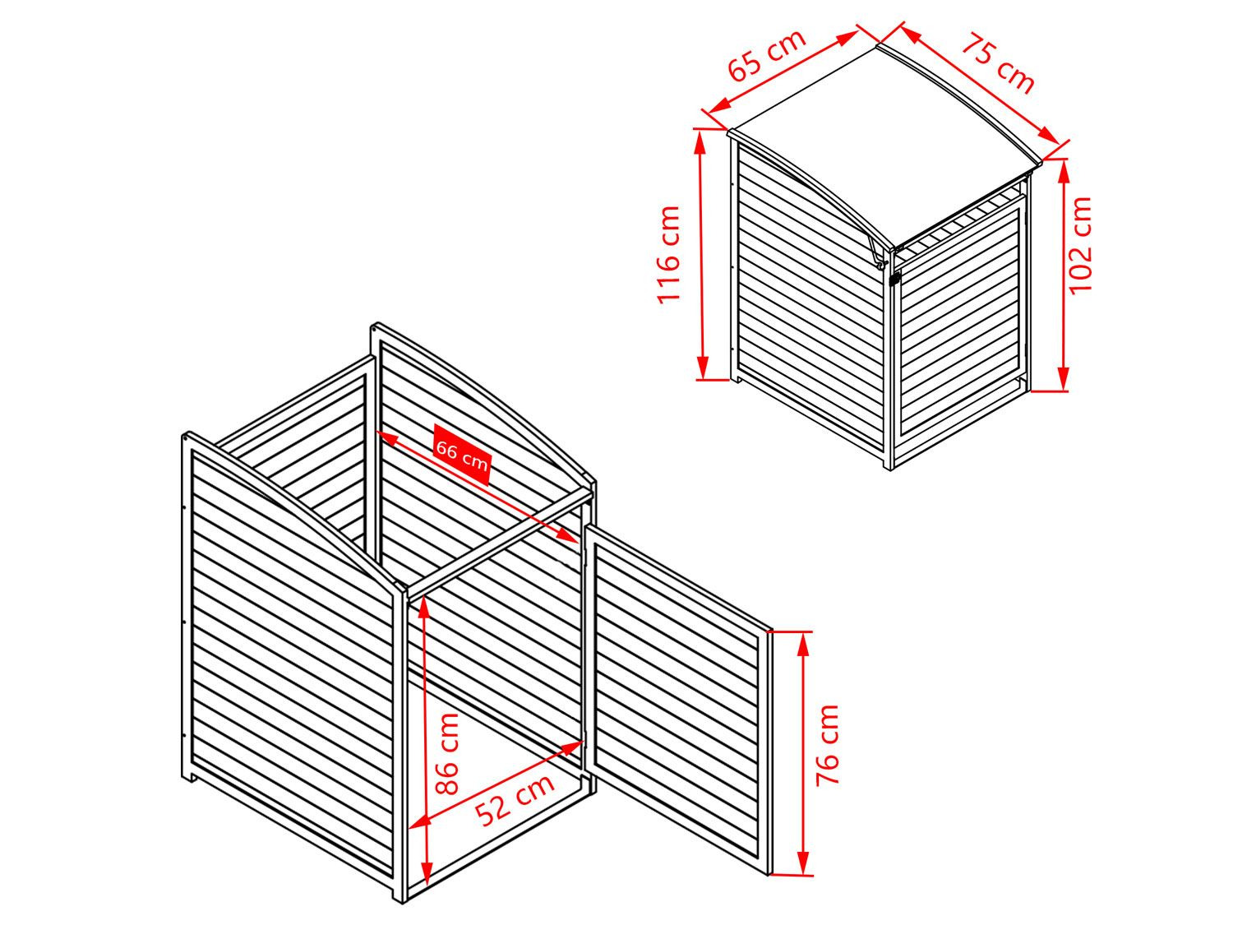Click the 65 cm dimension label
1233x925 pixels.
(x=766, y=55)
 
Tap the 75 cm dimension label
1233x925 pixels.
(x=997, y=63)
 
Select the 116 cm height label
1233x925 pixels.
(x=669, y=254)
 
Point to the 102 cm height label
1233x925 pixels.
(x=1079, y=244)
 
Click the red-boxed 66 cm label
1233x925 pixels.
(x=462, y=456)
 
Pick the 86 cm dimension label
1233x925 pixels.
(x=448, y=754)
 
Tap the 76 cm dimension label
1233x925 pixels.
(x=828, y=745)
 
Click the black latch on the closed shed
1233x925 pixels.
(x=894, y=279)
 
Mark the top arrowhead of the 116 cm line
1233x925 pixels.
(x=700, y=143)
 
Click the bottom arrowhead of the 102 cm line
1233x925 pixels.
(x=1064, y=377)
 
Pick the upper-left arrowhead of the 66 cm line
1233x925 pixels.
(x=387, y=437)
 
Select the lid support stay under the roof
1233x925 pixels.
(x=877, y=252)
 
